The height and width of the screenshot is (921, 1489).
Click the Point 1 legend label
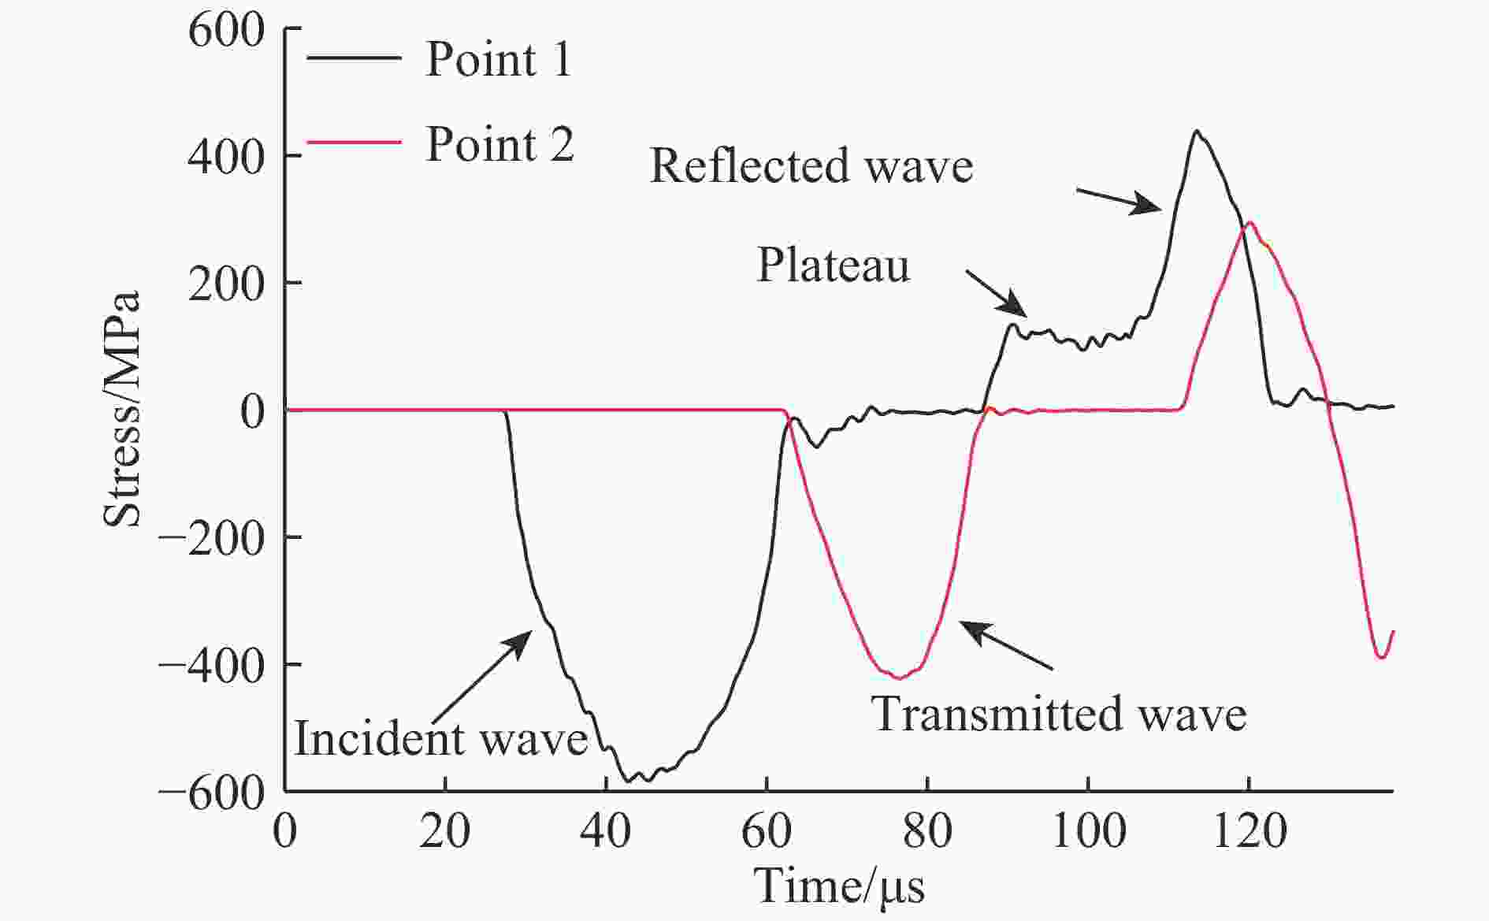(x=498, y=59)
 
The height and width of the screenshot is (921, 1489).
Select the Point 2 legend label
(x=499, y=145)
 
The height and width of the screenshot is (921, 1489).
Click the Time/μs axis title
(x=840, y=886)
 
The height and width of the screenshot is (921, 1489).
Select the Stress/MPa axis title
(x=123, y=408)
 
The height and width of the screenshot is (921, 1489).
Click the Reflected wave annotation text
(x=811, y=167)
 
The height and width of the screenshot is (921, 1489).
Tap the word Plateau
(x=833, y=266)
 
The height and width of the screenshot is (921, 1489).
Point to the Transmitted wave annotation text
(x=1059, y=715)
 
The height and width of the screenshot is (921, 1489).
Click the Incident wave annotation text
(x=441, y=739)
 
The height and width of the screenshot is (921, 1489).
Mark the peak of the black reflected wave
(x=1196, y=131)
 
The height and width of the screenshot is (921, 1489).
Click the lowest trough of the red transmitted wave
(x=899, y=678)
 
